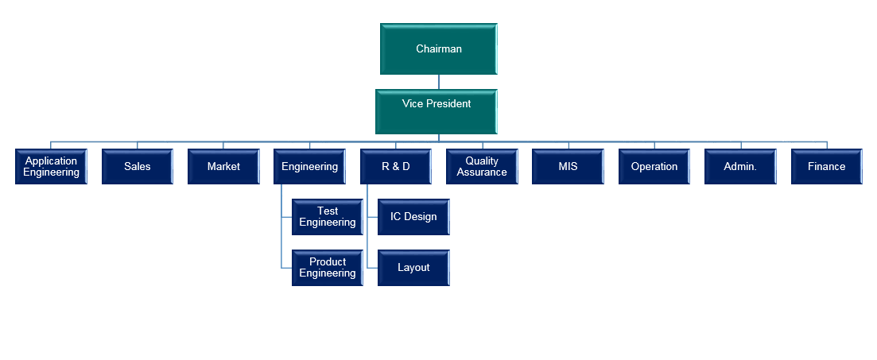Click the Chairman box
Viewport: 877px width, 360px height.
click(438, 49)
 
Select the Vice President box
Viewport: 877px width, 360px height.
click(436, 111)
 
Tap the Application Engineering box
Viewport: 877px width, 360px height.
click(51, 167)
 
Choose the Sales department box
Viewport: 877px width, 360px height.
click(137, 167)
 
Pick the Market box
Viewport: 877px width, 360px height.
click(223, 167)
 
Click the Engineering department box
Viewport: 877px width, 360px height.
click(309, 167)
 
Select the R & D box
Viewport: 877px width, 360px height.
click(396, 167)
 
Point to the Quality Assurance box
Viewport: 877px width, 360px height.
click(482, 167)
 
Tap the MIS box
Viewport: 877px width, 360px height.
click(568, 167)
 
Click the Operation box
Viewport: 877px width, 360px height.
click(654, 167)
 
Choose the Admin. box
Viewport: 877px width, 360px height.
click(739, 167)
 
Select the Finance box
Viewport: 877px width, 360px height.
click(826, 167)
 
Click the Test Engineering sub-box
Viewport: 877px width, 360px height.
click(327, 217)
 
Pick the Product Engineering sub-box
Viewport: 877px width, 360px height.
click(327, 268)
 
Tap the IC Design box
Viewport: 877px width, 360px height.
click(413, 217)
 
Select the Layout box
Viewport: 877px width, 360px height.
click(413, 268)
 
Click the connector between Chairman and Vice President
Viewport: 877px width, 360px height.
click(439, 82)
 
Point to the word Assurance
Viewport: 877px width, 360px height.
click(482, 172)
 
